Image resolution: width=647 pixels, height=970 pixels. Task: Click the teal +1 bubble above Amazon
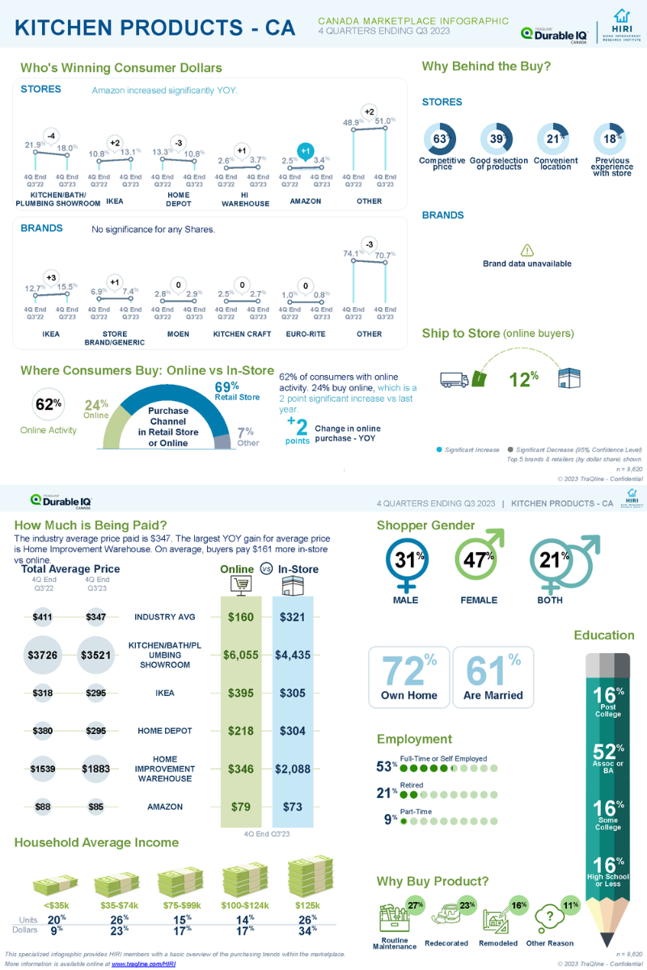point(305,150)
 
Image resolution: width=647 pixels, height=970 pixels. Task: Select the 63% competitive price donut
point(442,139)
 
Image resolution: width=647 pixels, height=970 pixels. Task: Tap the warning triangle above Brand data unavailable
point(526,251)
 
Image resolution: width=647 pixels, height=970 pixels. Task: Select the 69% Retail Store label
point(226,390)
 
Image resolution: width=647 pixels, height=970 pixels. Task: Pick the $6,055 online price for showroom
point(240,655)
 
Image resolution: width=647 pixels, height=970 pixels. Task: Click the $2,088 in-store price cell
point(292,769)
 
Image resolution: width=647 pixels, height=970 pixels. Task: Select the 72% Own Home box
point(409,677)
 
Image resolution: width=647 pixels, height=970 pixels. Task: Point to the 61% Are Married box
point(493,677)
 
